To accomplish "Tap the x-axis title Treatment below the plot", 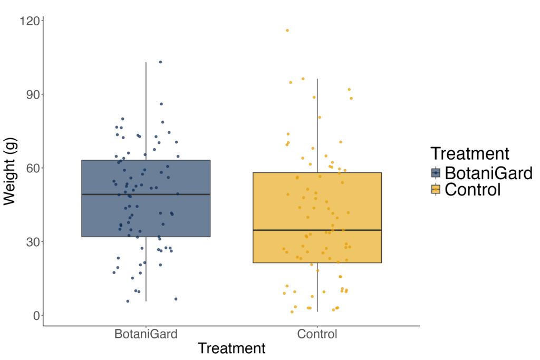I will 232,348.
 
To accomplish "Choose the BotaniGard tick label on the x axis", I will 146,334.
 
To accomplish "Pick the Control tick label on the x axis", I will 317,334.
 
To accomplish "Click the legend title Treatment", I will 469,153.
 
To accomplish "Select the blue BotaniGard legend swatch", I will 436,173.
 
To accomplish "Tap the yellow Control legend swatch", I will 436,189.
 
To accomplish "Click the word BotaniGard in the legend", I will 488,173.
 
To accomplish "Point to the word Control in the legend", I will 472,189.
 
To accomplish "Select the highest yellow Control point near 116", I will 287,31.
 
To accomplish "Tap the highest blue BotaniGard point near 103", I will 160,62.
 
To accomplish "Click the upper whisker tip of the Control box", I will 317,79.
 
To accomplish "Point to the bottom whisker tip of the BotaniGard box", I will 146,301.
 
